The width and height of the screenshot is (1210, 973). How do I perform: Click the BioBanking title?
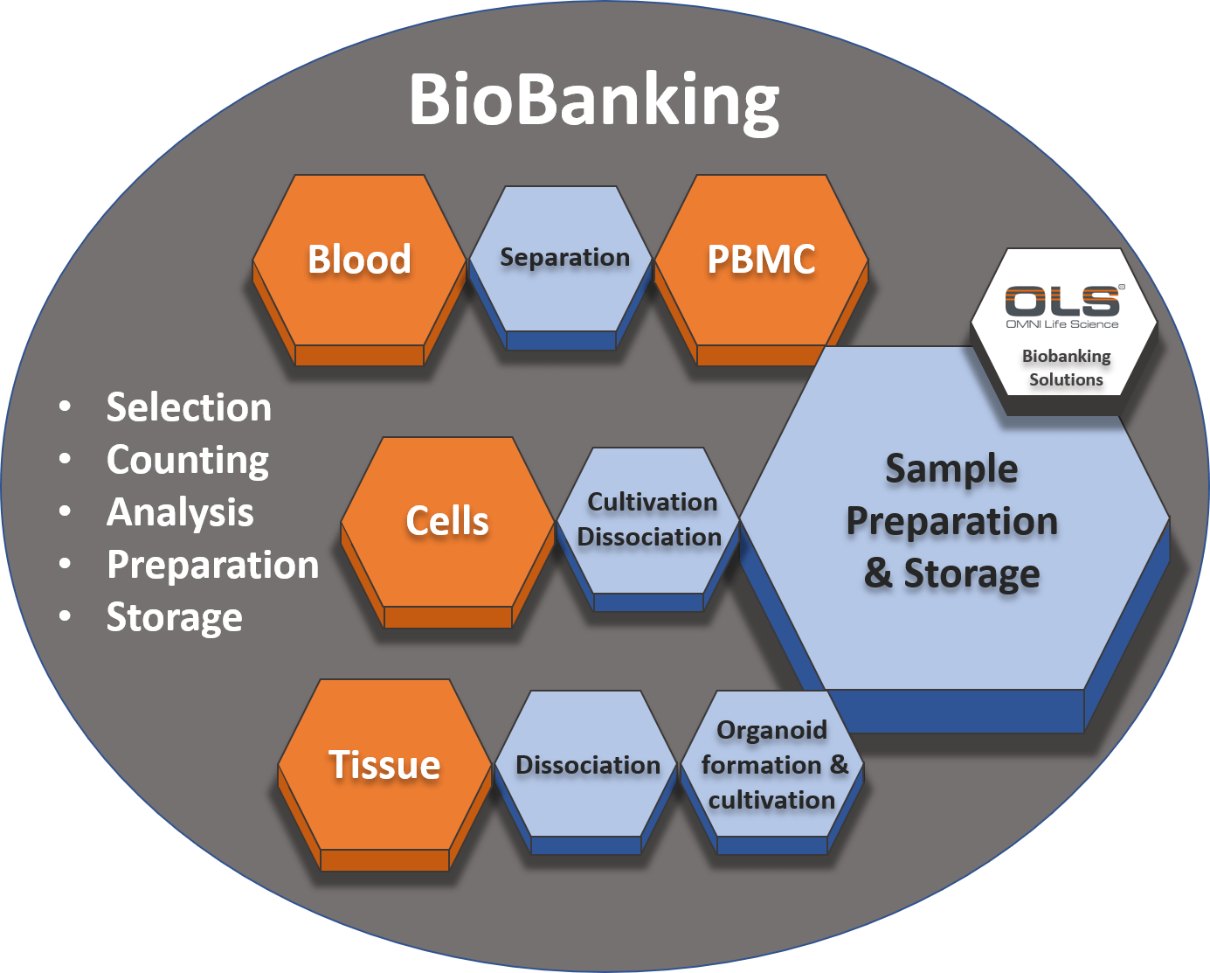click(594, 100)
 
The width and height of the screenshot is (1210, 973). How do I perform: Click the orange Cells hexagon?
click(447, 522)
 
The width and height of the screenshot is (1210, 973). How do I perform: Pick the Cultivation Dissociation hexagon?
click(649, 520)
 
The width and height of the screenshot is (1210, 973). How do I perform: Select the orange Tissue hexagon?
click(384, 766)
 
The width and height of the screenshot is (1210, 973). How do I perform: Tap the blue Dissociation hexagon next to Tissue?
click(587, 766)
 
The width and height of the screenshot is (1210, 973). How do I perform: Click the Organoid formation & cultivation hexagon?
click(772, 766)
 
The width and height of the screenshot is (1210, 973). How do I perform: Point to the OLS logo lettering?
click(1062, 301)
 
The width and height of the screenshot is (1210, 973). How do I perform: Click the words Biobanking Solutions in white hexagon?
click(1066, 368)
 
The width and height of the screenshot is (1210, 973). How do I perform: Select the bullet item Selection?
click(189, 408)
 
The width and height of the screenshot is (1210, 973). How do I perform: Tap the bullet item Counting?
click(188, 461)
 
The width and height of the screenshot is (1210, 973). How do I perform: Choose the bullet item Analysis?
click(180, 513)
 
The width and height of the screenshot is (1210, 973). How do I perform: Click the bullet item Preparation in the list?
click(212, 566)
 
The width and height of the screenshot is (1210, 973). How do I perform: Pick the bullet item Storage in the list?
click(174, 618)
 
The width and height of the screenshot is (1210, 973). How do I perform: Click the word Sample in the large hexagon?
click(951, 469)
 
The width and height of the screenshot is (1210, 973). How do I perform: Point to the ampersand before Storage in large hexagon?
click(878, 574)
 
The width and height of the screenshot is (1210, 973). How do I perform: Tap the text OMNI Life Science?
click(1062, 324)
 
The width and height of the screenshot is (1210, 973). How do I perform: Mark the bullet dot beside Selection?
click(65, 407)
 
